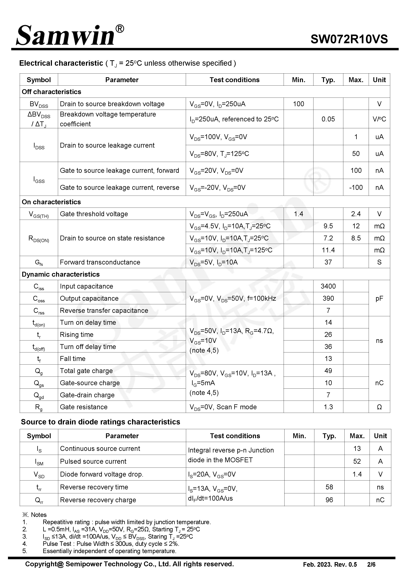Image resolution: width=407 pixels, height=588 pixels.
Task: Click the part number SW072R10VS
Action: (349, 39)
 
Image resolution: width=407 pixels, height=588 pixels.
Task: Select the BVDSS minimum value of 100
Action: (298, 104)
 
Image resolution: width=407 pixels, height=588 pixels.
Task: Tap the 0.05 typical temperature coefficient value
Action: (328, 119)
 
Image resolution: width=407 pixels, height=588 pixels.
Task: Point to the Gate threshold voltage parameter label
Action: (94, 214)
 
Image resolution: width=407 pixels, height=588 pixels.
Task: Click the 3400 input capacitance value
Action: (328, 286)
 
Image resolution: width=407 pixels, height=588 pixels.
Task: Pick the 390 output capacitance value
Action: (328, 298)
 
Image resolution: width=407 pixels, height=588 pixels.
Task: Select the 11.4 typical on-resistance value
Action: (328, 250)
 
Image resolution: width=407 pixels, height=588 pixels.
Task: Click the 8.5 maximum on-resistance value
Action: (356, 238)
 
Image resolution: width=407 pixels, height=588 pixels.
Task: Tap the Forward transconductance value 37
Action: (328, 262)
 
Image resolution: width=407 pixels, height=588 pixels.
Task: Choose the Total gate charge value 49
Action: (328, 371)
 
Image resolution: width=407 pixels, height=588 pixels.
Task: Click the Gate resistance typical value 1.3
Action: (328, 407)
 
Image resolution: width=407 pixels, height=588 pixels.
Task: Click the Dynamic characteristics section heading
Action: (61, 274)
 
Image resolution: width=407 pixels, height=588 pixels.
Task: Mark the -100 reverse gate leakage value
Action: (356, 187)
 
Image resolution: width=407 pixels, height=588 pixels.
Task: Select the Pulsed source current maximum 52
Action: (357, 461)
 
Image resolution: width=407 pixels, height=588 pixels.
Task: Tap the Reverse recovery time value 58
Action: (329, 487)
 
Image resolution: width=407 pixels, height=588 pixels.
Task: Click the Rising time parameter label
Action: (77, 335)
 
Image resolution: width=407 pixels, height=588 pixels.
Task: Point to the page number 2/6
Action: (371, 564)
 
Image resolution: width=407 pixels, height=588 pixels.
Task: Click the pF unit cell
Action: (379, 298)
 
